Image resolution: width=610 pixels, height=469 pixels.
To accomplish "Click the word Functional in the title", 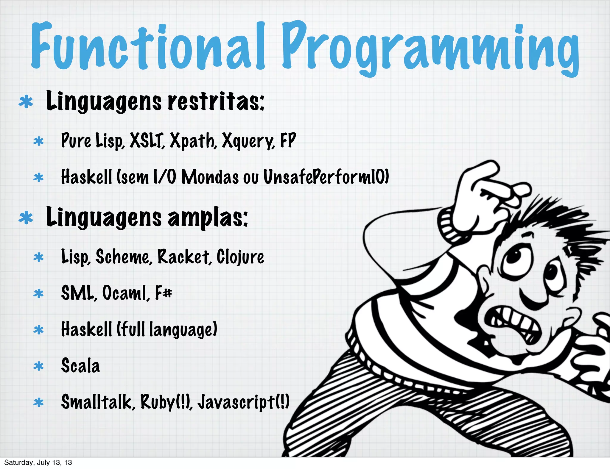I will pyautogui.click(x=147, y=46).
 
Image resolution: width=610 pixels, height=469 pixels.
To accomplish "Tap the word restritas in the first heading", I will pyautogui.click(x=216, y=101).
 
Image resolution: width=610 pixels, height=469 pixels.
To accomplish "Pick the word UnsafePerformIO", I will pyautogui.click(x=326, y=177).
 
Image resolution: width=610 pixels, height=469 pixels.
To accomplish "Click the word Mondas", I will pyautogui.click(x=210, y=177).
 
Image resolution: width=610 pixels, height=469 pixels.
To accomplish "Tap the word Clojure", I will pyautogui.click(x=240, y=257).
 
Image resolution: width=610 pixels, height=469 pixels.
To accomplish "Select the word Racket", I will pyautogui.click(x=183, y=257).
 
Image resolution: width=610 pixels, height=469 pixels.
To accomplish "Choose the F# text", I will pyautogui.click(x=164, y=293).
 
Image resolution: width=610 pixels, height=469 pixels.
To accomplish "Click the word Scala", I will pyautogui.click(x=80, y=366).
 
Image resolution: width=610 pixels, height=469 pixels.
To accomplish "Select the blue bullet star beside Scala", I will pyautogui.click(x=39, y=366).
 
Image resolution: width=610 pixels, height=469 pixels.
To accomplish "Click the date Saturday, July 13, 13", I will pyautogui.click(x=38, y=462).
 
